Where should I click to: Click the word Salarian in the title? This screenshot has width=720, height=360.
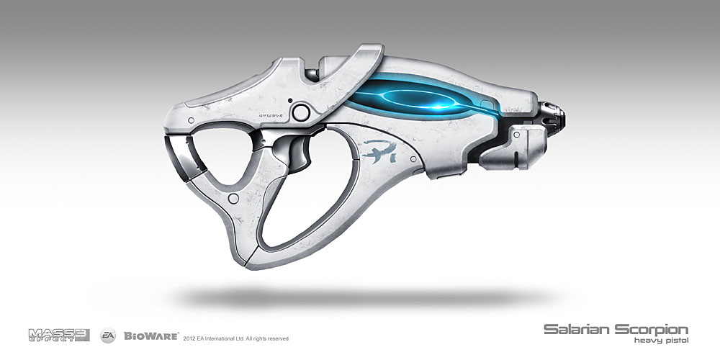580,329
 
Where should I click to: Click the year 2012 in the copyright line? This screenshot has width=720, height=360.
191,338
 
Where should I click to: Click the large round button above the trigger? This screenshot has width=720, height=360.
302,110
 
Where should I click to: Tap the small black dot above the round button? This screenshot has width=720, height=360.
289,100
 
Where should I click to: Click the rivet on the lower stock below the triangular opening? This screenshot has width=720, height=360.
233,197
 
